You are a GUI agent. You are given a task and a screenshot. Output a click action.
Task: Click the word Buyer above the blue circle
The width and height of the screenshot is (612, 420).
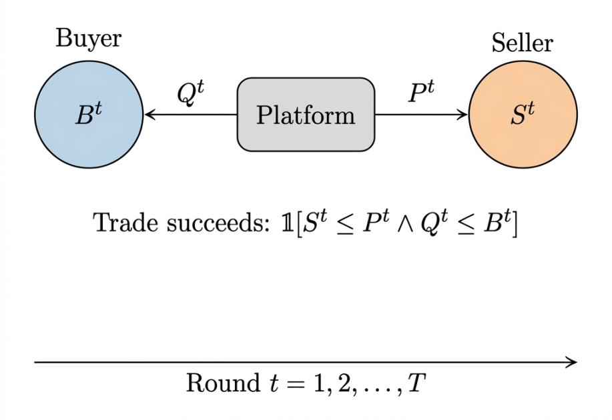point(89,38)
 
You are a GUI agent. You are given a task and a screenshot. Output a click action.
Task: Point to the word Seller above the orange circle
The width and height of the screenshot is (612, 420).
point(523,43)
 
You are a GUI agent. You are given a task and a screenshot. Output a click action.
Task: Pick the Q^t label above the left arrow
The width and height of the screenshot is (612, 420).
point(190,93)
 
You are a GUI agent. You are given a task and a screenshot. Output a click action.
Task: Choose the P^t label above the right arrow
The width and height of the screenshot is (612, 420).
point(421,93)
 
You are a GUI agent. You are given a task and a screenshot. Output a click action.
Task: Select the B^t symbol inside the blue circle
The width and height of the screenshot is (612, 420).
point(89,116)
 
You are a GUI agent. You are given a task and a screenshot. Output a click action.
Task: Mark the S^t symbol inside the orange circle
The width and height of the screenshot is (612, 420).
point(523,116)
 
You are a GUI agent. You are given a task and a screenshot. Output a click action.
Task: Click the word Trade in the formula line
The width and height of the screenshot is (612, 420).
point(119,223)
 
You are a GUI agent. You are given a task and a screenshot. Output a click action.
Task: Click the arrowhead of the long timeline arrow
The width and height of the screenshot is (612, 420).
point(571,362)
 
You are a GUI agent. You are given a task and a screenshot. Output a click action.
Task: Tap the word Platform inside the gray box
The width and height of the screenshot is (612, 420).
point(306,116)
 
